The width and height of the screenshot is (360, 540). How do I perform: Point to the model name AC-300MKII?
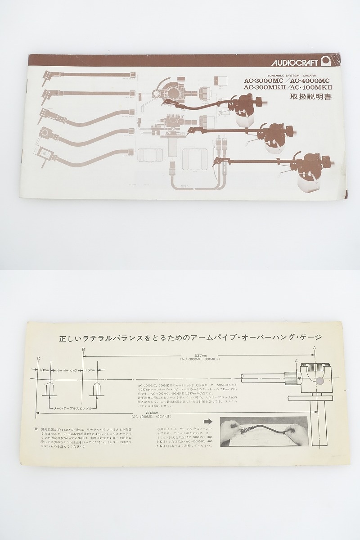(x=263, y=88)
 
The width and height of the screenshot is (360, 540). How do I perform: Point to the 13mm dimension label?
(x=44, y=370)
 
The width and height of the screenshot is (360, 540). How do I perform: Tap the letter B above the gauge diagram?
(x=83, y=349)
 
